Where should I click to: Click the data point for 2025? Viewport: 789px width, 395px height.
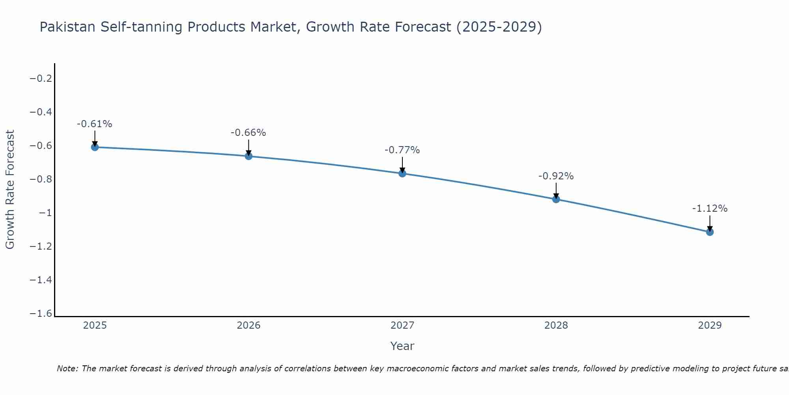click(95, 147)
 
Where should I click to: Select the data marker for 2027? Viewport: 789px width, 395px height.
click(402, 173)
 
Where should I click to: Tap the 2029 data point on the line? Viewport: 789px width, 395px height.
click(710, 232)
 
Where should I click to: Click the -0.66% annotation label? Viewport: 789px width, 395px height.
click(248, 133)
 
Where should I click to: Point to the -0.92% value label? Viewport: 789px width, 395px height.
click(556, 176)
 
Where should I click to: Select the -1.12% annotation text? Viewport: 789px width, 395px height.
click(710, 209)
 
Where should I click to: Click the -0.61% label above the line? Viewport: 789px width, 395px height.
click(95, 124)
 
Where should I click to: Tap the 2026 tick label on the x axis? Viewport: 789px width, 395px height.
click(249, 325)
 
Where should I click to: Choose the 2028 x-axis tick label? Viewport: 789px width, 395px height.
click(556, 325)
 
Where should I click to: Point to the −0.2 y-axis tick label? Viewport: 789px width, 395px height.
click(41, 79)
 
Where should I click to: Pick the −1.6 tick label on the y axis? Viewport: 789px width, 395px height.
click(41, 314)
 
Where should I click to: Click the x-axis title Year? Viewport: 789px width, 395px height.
click(402, 346)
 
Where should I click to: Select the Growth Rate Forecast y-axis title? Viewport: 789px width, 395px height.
click(10, 190)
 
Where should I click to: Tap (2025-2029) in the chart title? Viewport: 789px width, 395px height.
click(499, 27)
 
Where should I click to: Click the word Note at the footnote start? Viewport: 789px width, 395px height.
click(67, 369)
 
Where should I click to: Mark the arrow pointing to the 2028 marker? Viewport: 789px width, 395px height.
click(556, 190)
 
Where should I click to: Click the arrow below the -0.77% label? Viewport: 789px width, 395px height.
click(402, 165)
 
